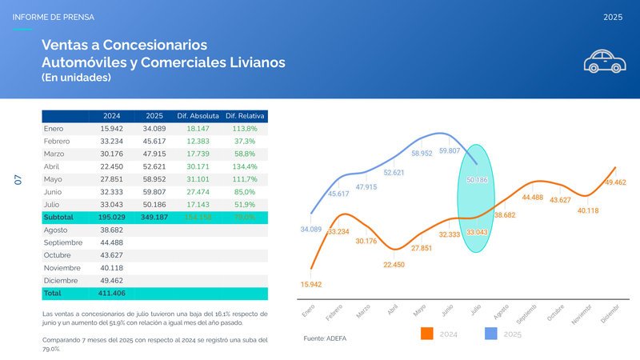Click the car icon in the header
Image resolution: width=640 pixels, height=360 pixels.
[604, 61]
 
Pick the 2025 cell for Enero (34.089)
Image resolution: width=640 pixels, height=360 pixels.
[154, 129]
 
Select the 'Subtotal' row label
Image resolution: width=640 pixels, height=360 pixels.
[58, 217]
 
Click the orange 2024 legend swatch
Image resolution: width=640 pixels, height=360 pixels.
[427, 334]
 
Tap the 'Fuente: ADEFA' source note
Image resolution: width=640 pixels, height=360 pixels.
[326, 339]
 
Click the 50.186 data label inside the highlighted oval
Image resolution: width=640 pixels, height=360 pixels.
[477, 180]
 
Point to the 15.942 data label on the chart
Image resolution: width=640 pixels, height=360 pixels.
[311, 284]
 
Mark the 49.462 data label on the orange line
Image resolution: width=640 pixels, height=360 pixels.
[615, 182]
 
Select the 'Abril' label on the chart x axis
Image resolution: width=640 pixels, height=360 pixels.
[393, 309]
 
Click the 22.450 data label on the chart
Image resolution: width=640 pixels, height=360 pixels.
[394, 264]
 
